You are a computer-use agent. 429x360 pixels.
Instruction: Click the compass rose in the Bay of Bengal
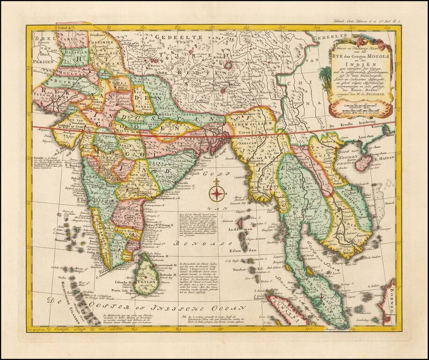click(216, 193)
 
